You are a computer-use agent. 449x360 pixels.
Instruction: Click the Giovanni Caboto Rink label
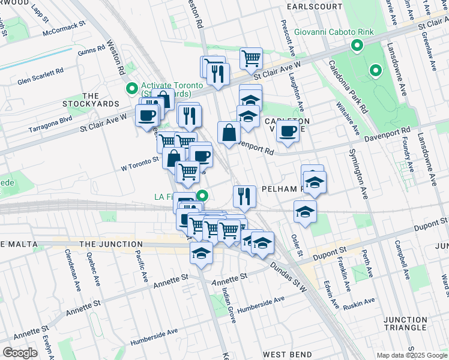coord(334,32)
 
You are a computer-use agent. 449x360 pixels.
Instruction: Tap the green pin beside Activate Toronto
coord(131,89)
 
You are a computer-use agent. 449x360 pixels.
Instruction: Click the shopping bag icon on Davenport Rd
coord(229,133)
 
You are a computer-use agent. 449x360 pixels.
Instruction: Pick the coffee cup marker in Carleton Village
coord(288,131)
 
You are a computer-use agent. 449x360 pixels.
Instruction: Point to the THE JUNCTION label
coord(110,244)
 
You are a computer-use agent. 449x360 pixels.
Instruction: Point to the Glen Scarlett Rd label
coord(40,76)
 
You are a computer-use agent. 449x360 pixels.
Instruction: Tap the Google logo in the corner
coord(20,353)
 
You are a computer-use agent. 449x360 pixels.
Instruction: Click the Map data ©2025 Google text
coord(412,355)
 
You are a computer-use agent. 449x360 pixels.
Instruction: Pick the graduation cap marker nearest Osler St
coord(305,212)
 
